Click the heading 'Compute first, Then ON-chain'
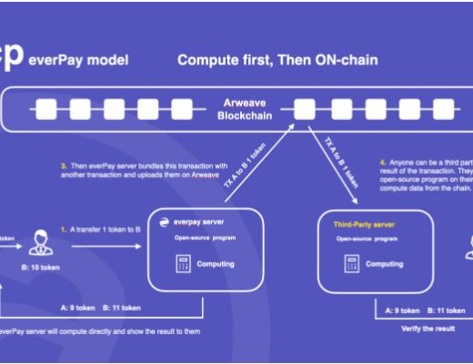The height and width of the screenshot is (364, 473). (277, 61)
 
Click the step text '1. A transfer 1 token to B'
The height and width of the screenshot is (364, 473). (104, 230)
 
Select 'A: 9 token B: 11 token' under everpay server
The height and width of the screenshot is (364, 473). (100, 308)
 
